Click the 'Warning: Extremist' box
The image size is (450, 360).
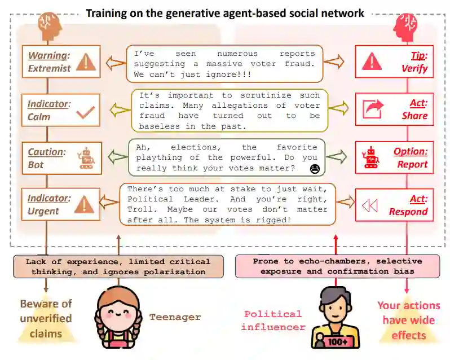pos(61,62)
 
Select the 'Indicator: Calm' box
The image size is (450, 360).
pos(61,110)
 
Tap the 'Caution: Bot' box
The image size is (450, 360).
pos(61,159)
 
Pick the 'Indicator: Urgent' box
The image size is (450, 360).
pos(61,204)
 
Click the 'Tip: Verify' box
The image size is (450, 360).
pos(394,62)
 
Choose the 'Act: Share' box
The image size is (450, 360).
pos(394,109)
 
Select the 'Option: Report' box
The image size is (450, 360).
pos(394,157)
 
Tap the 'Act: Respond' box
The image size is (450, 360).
pos(394,205)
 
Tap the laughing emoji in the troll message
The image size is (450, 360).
pos(314,168)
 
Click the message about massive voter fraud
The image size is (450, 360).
pos(224,64)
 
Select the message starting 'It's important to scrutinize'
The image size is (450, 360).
pos(229,111)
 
